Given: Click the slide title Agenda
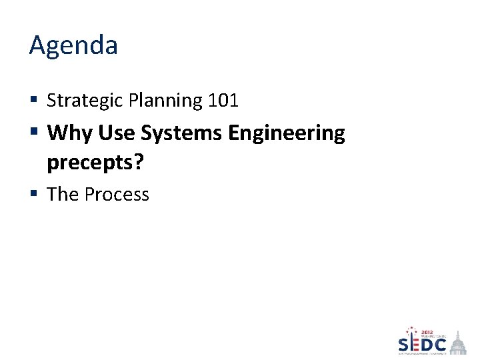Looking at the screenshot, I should point(73,46).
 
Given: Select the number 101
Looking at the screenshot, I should point(223,101).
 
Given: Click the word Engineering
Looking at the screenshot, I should point(287,134).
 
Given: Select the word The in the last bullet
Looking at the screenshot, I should point(63,195).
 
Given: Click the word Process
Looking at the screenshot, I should point(117,195).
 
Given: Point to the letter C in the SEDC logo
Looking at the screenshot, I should point(440,345).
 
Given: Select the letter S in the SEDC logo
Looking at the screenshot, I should point(405,345).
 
